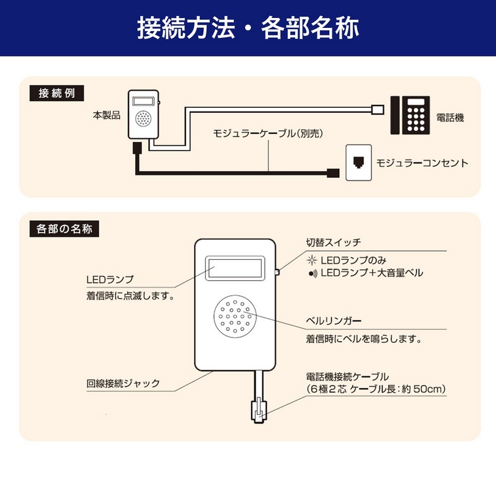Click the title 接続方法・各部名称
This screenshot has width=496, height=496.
(x=247, y=29)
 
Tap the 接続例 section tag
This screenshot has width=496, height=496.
(x=56, y=94)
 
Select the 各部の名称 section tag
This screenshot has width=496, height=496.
(x=60, y=229)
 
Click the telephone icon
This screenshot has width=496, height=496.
(x=409, y=115)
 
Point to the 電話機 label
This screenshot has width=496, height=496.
(x=450, y=116)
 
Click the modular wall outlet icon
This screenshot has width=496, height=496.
(x=358, y=162)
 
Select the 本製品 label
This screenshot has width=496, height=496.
(x=107, y=115)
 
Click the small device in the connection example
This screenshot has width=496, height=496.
(x=144, y=115)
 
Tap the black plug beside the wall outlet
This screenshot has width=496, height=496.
(x=333, y=173)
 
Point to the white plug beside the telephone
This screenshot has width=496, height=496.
(x=376, y=110)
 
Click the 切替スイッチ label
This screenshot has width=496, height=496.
(x=333, y=242)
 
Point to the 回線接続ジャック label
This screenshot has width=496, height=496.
(x=123, y=383)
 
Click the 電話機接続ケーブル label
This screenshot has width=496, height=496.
(x=347, y=376)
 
